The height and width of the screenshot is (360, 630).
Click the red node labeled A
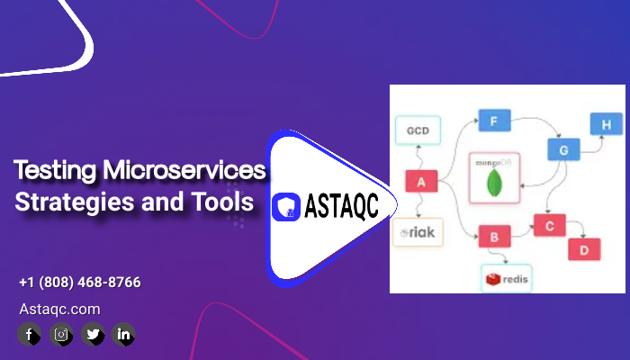point(421,182)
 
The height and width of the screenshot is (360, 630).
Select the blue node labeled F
point(494,120)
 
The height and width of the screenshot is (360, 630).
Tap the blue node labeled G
point(563,150)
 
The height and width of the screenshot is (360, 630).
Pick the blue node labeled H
point(605,124)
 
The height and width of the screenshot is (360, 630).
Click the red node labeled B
point(493,238)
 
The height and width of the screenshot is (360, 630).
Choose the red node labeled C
point(549,225)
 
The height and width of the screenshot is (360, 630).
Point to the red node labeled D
point(583,249)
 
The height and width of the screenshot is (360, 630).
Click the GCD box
point(417,130)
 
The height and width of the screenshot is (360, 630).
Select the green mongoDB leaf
point(494,184)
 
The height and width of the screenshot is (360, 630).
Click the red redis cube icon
point(492,280)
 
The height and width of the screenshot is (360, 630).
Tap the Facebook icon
point(29,335)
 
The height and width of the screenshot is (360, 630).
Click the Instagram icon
point(60,335)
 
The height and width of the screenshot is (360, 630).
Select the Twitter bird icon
point(92,335)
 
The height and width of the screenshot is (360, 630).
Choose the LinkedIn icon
point(123,335)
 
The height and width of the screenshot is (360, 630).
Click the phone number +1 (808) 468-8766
point(79,283)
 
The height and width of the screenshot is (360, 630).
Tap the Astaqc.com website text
point(59,309)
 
